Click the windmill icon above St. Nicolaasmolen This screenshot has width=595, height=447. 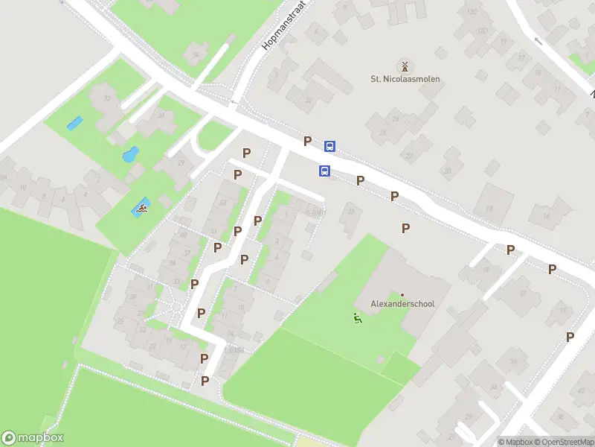click(405, 66)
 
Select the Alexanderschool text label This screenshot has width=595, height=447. click(402, 304)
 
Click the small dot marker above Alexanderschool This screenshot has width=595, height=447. click(402, 295)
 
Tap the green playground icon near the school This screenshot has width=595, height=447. click(357, 319)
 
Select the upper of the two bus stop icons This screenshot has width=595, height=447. click(329, 146)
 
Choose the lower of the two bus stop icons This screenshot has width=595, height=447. click(324, 171)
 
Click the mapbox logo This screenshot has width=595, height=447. click(33, 437)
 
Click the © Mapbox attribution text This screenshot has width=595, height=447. click(516, 442)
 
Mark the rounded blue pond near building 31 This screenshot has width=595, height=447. click(130, 155)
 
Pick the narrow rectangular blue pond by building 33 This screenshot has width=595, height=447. click(74, 123)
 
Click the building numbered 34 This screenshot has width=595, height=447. click(196, 54)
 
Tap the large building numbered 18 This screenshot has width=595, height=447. click(488, 208)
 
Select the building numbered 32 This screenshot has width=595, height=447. click(308, 101)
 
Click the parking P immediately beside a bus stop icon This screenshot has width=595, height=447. click(307, 141)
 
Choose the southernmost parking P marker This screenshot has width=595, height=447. click(205, 381)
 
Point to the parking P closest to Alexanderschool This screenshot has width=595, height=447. click(406, 229)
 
